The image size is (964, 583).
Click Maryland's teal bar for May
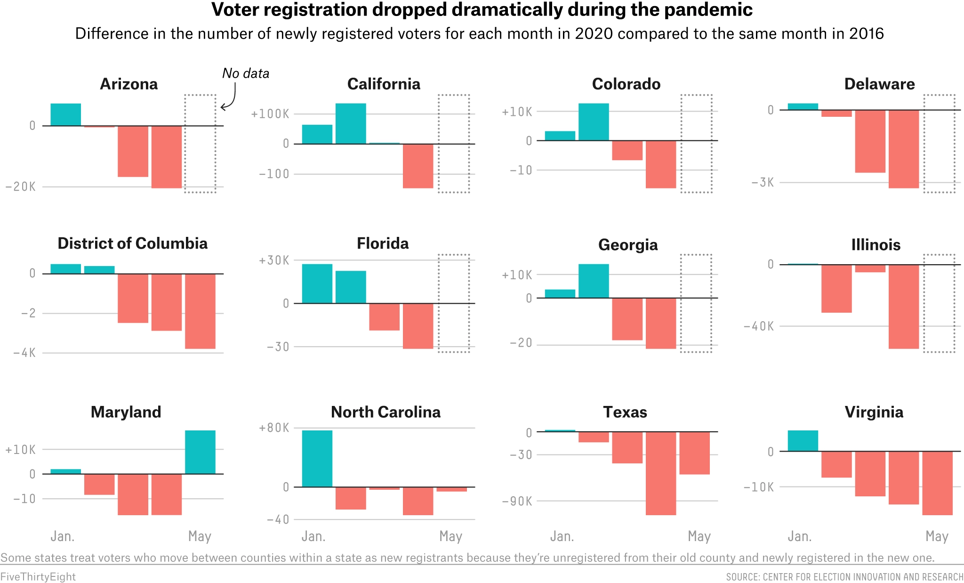pos(200,452)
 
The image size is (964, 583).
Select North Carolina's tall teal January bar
pos(317,459)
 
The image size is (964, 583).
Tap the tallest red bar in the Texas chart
pos(661,473)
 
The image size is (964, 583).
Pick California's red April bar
pos(418,166)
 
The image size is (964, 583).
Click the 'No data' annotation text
pos(246,73)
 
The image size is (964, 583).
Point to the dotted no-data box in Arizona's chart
pos(185,144)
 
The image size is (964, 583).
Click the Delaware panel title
pos(879,84)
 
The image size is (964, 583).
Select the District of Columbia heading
pos(132,243)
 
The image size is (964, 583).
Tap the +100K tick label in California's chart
pos(270,114)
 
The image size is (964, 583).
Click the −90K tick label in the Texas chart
pos(517,502)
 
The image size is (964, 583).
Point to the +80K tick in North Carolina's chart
pos(274,428)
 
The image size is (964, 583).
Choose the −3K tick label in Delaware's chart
pos(763,183)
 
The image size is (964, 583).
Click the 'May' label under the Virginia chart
pos(937,536)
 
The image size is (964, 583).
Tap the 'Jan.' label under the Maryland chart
pos(63,536)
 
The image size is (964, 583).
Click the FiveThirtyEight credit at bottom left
pos(38,577)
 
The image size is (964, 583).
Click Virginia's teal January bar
pos(803,441)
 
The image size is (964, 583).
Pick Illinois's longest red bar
pos(904,307)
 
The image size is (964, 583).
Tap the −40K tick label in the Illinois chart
pos(759,326)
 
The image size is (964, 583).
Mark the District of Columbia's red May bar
pos(200,311)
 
